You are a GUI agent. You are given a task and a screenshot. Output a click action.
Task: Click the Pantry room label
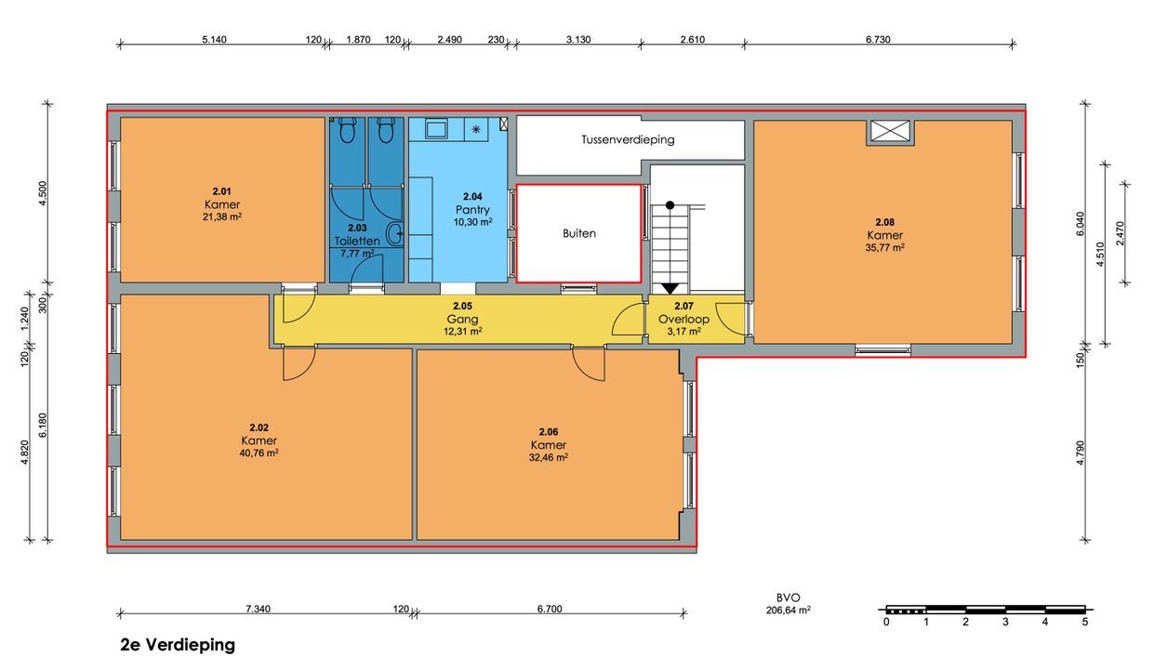pyautogui.click(x=472, y=210)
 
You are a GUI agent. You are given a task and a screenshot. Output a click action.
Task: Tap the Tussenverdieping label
pyautogui.click(x=628, y=139)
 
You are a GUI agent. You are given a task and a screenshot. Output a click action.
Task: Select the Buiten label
pyautogui.click(x=579, y=233)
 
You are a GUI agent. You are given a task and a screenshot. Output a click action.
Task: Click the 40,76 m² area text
pyautogui.click(x=259, y=453)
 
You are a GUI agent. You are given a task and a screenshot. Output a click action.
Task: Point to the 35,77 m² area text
pyautogui.click(x=884, y=248)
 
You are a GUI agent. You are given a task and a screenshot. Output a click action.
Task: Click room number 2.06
pyautogui.click(x=549, y=431)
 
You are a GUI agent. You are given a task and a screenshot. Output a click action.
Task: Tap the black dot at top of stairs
pyautogui.click(x=670, y=205)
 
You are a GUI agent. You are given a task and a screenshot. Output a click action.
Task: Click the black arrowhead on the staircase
pyautogui.click(x=670, y=288)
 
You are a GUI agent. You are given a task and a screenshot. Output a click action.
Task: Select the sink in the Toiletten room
pyautogui.click(x=395, y=234)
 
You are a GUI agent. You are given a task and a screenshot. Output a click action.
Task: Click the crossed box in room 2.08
pyautogui.click(x=890, y=131)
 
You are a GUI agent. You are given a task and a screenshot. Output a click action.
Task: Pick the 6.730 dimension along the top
pyautogui.click(x=878, y=40)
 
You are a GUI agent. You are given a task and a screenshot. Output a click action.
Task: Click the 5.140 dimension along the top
pyautogui.click(x=214, y=40)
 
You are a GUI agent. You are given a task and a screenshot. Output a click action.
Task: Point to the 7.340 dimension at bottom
pyautogui.click(x=258, y=609)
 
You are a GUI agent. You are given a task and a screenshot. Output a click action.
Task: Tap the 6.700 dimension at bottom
pyautogui.click(x=550, y=609)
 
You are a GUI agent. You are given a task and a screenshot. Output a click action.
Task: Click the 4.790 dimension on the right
pyautogui.click(x=1081, y=453)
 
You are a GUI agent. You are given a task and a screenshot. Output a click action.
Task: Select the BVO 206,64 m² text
pyautogui.click(x=789, y=604)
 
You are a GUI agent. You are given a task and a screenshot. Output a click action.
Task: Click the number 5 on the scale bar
pyautogui.click(x=1085, y=623)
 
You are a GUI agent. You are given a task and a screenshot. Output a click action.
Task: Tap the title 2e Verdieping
pyautogui.click(x=178, y=645)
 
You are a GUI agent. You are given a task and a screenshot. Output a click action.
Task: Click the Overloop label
pyautogui.click(x=684, y=320)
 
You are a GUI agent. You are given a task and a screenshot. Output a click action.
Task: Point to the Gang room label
pyautogui.click(x=462, y=320)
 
